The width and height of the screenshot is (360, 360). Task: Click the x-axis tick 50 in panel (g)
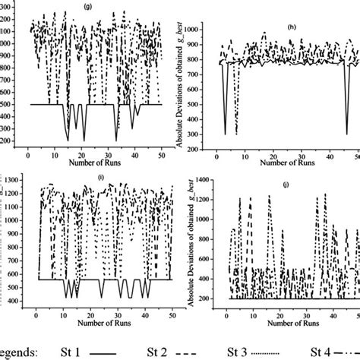point(162,155)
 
